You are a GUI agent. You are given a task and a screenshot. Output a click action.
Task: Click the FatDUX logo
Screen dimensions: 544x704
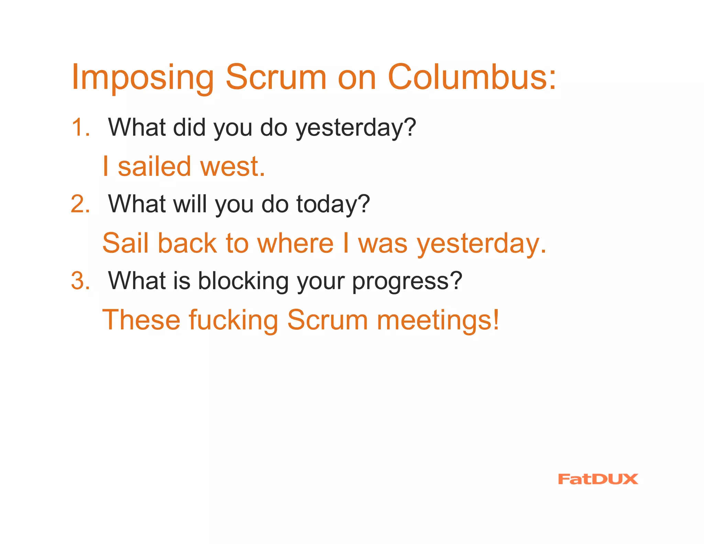[x=598, y=479]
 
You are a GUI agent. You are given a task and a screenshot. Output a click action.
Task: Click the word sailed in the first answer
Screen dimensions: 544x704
[x=154, y=166]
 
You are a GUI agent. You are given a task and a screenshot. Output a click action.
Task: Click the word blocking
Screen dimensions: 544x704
[x=243, y=281]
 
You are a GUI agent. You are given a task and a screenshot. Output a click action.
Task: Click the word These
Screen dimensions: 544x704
[x=141, y=320]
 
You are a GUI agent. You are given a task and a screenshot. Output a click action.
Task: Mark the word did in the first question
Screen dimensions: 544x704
[x=189, y=127]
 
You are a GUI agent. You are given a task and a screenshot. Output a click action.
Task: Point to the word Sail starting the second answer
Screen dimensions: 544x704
[x=126, y=243]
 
